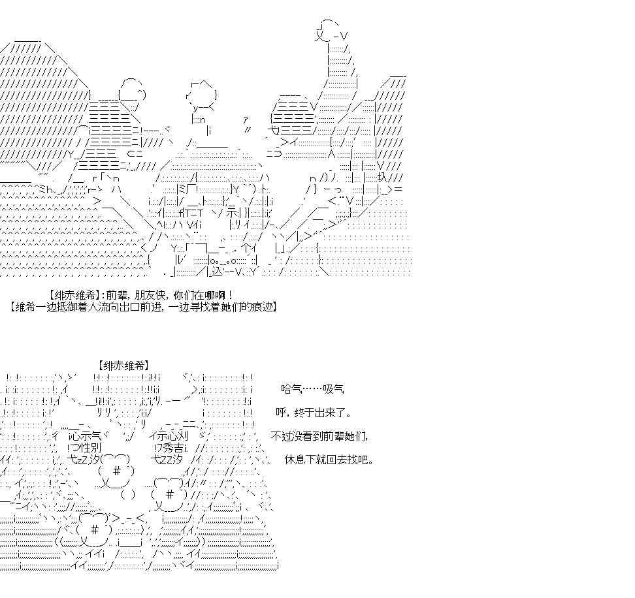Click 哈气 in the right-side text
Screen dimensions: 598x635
pyautogui.click(x=289, y=389)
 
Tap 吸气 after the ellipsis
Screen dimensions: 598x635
pyautogui.click(x=333, y=389)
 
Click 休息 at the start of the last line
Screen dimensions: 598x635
pyautogui.click(x=295, y=460)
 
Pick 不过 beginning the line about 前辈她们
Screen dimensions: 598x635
pyautogui.click(x=280, y=436)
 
